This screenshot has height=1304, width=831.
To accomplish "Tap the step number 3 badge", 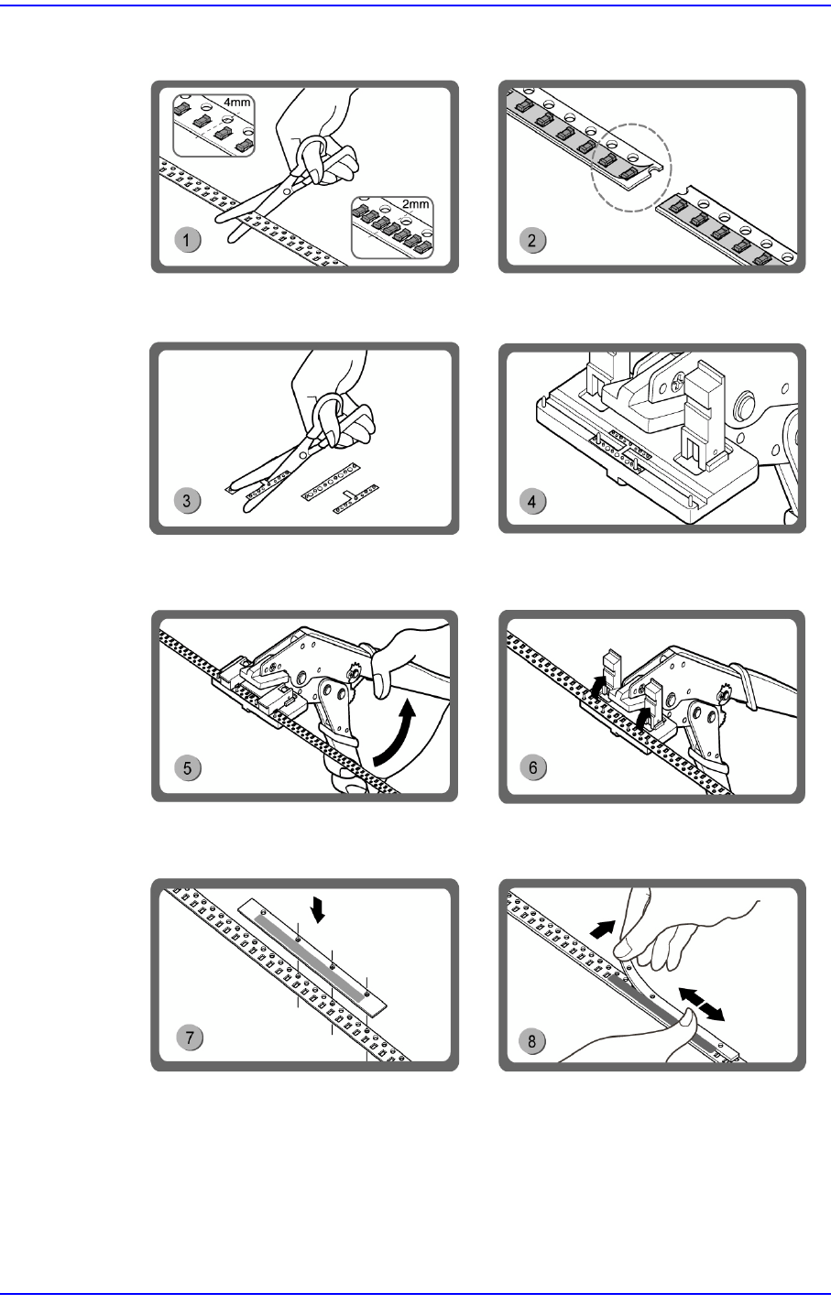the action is click(188, 501).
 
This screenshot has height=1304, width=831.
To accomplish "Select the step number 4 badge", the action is click(534, 501).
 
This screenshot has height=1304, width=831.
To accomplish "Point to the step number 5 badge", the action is click(189, 767).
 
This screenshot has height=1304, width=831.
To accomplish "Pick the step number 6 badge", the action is click(534, 767).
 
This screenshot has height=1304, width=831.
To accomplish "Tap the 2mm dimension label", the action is click(416, 204).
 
